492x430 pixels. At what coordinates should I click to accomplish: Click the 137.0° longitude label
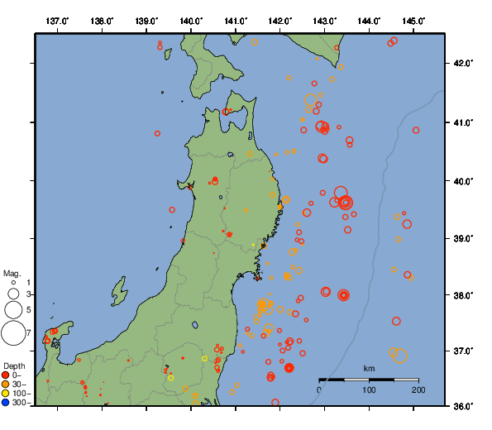click(x=57, y=20)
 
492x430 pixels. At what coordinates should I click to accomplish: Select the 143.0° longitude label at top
click(x=325, y=20)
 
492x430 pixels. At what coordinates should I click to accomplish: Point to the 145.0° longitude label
click(x=414, y=20)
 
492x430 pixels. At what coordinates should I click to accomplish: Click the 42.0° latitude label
click(x=461, y=63)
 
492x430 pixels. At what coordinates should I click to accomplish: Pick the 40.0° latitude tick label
click(x=461, y=180)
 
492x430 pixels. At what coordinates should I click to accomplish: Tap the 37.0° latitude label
click(x=461, y=351)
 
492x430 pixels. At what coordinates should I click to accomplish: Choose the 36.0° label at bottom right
click(x=461, y=405)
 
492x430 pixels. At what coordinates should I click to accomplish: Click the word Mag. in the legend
click(x=12, y=273)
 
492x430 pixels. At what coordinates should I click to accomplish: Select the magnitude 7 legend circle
click(x=13, y=333)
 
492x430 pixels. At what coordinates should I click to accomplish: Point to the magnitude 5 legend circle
click(x=13, y=310)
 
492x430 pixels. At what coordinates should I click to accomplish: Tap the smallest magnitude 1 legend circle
click(x=13, y=283)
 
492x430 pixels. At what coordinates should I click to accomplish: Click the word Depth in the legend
click(x=14, y=365)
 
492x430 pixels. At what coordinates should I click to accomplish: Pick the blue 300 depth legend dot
click(x=7, y=403)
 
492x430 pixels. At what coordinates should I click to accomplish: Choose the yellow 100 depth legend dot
click(x=7, y=393)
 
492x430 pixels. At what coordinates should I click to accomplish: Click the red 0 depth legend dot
click(x=7, y=375)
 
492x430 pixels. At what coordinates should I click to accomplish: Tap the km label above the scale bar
click(x=369, y=368)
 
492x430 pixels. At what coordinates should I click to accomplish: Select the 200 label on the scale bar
click(x=418, y=389)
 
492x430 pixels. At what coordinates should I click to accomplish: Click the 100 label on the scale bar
click(x=369, y=389)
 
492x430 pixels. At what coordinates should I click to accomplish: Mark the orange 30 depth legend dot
click(x=7, y=384)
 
